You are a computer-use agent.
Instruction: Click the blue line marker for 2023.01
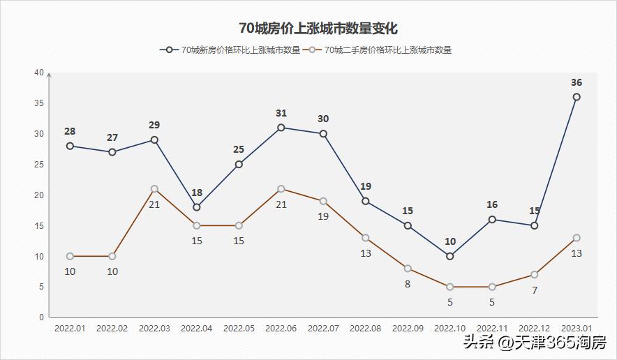tap(577, 97)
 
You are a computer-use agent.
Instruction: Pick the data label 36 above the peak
tap(577, 82)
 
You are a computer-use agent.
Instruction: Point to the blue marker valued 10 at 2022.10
tap(449, 256)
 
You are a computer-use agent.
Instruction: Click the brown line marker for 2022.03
tap(154, 189)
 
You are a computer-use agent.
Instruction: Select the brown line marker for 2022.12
tap(534, 274)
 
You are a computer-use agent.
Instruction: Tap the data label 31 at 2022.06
tap(281, 113)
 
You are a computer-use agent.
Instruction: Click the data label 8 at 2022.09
tap(408, 284)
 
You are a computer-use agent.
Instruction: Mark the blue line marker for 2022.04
tap(197, 207)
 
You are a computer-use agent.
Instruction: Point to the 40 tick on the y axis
tap(39, 73)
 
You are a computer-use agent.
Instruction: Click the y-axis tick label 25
tap(39, 165)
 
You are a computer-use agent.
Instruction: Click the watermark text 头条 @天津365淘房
tap(533, 343)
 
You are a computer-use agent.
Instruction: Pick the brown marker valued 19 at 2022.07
tap(323, 201)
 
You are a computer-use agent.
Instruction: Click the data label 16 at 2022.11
tap(492, 204)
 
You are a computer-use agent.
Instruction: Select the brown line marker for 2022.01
tap(70, 256)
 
